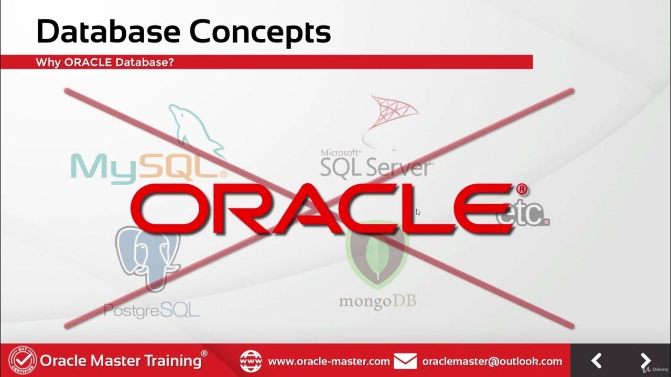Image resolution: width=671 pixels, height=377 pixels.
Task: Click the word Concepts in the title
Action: point(260,32)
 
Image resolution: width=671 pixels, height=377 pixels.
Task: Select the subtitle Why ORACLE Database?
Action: point(105,62)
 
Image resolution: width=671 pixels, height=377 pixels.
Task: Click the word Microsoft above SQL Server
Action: point(341,153)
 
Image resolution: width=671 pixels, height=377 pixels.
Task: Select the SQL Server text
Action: point(376,168)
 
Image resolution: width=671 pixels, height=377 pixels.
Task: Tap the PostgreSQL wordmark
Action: point(152,310)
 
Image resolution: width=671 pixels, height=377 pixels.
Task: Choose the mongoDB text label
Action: point(377,302)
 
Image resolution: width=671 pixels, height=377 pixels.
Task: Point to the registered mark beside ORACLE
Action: point(522,189)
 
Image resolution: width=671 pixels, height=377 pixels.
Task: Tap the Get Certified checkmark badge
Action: point(23,361)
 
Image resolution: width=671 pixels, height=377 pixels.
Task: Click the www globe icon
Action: point(251,361)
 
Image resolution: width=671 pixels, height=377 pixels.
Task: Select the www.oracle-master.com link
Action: point(329,361)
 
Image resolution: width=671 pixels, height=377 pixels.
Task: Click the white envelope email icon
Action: point(405,361)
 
